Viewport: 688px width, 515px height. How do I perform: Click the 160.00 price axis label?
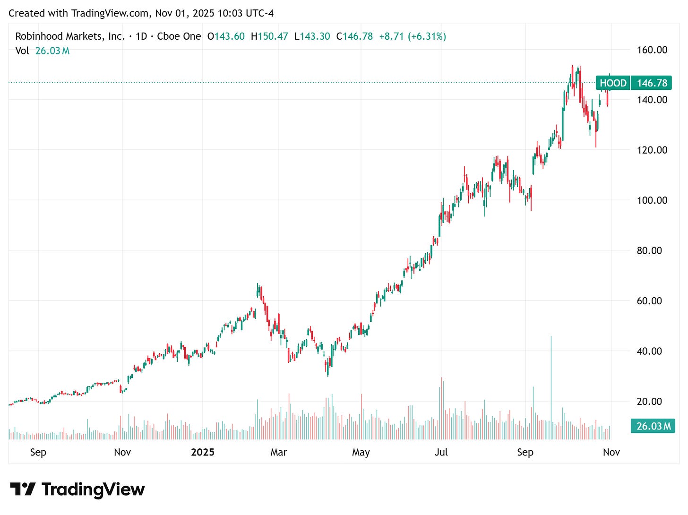click(652, 50)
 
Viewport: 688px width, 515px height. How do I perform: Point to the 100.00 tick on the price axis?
click(652, 200)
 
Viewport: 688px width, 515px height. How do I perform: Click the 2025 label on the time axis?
click(203, 453)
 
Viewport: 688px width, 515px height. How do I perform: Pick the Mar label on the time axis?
click(279, 453)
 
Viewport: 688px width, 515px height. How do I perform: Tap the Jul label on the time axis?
click(441, 453)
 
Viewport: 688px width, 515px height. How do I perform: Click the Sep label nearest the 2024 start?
click(38, 453)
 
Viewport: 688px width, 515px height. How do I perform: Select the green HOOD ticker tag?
click(613, 84)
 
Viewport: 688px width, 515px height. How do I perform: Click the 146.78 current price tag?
click(652, 84)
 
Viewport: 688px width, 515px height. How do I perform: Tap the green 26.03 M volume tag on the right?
click(653, 426)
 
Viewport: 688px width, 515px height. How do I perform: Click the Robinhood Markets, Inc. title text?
click(70, 36)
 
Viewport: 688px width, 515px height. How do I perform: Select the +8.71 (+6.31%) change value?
click(412, 36)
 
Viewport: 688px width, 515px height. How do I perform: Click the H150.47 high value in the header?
click(269, 36)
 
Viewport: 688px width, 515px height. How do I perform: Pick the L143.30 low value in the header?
click(312, 36)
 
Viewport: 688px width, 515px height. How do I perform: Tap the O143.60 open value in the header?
click(226, 36)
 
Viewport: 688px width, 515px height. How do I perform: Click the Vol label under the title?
click(22, 51)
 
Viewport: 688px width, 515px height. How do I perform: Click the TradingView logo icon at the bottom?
click(23, 489)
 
